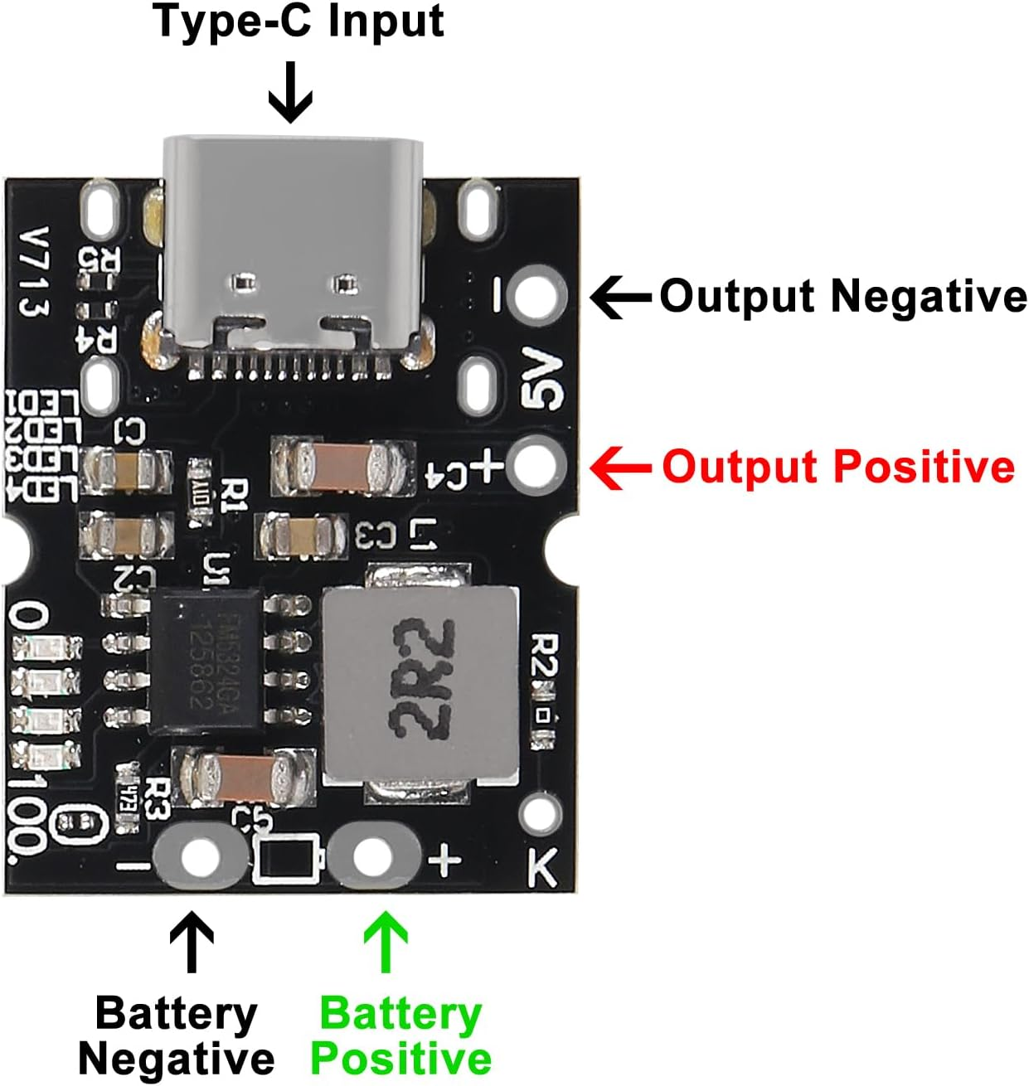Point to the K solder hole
pyautogui.click(x=541, y=815)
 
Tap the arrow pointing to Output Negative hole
pyautogui.click(x=620, y=297)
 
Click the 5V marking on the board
pyautogui.click(x=542, y=379)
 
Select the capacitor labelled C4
pyautogui.click(x=343, y=466)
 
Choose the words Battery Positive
pyautogui.click(x=401, y=1036)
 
